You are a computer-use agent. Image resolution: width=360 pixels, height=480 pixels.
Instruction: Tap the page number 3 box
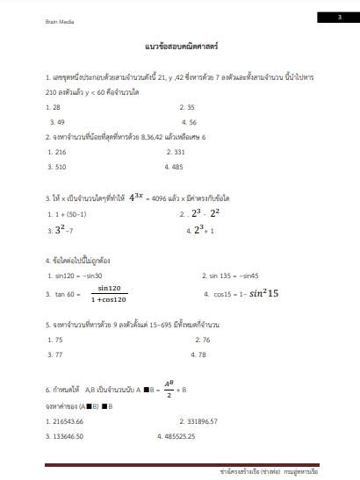tap(339, 17)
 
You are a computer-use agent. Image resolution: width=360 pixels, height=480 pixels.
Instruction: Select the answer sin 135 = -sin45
tap(230, 276)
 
